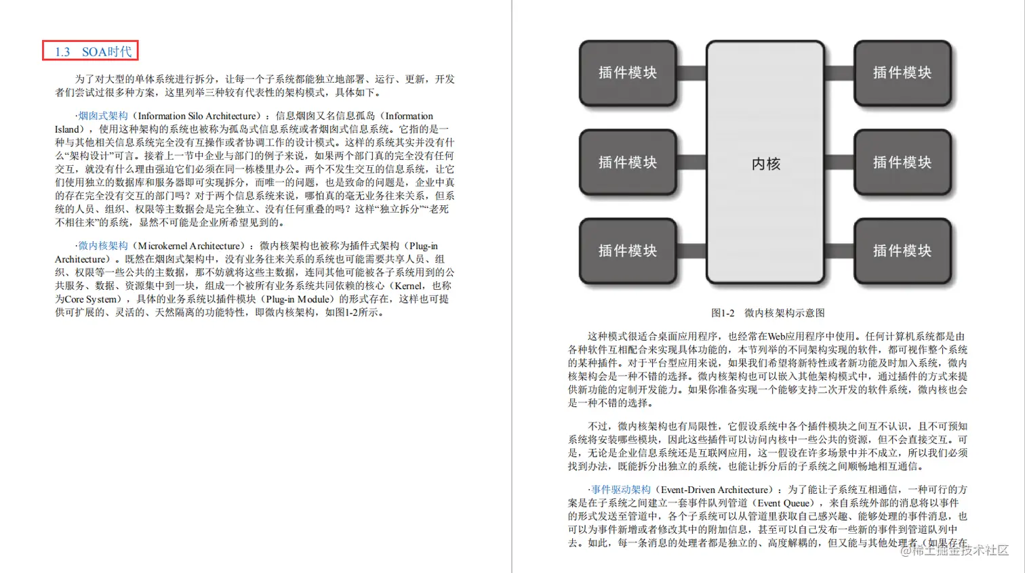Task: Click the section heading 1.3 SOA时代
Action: pyautogui.click(x=91, y=51)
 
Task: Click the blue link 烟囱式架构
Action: pyautogui.click(x=103, y=116)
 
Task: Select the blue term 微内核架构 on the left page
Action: pyautogui.click(x=103, y=246)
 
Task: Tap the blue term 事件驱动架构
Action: pyautogui.click(x=620, y=490)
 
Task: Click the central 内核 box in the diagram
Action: pyautogui.click(x=765, y=163)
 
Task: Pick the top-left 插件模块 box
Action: pyautogui.click(x=628, y=73)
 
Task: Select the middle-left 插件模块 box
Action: pyautogui.click(x=628, y=163)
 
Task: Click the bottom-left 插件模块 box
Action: pyautogui.click(x=628, y=251)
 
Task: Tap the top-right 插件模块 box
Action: pyautogui.click(x=902, y=73)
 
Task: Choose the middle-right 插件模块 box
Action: pyautogui.click(x=902, y=163)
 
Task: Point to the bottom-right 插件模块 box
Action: pyautogui.click(x=902, y=251)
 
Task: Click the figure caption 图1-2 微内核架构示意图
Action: pyautogui.click(x=767, y=313)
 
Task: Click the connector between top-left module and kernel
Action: pyautogui.click(x=691, y=73)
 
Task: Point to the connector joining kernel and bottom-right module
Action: pyautogui.click(x=839, y=251)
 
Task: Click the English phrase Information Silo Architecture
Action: pyautogui.click(x=197, y=116)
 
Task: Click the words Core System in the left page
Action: pyautogui.click(x=91, y=299)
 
